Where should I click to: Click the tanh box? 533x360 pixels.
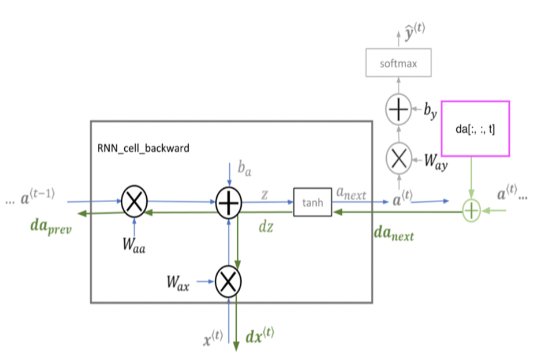[313, 201]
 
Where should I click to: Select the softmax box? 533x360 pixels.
[398, 63]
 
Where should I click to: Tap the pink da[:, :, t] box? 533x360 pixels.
[474, 129]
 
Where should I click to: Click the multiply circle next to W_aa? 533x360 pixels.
[134, 202]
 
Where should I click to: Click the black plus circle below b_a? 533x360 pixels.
[228, 202]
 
